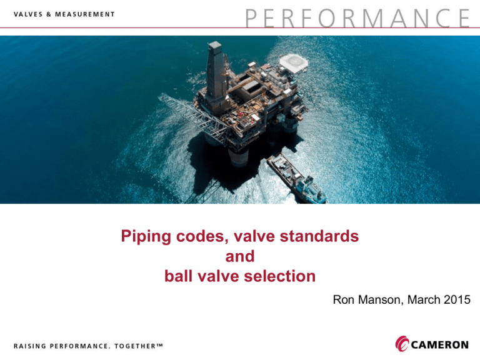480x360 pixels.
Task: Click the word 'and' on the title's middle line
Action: point(240,256)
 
